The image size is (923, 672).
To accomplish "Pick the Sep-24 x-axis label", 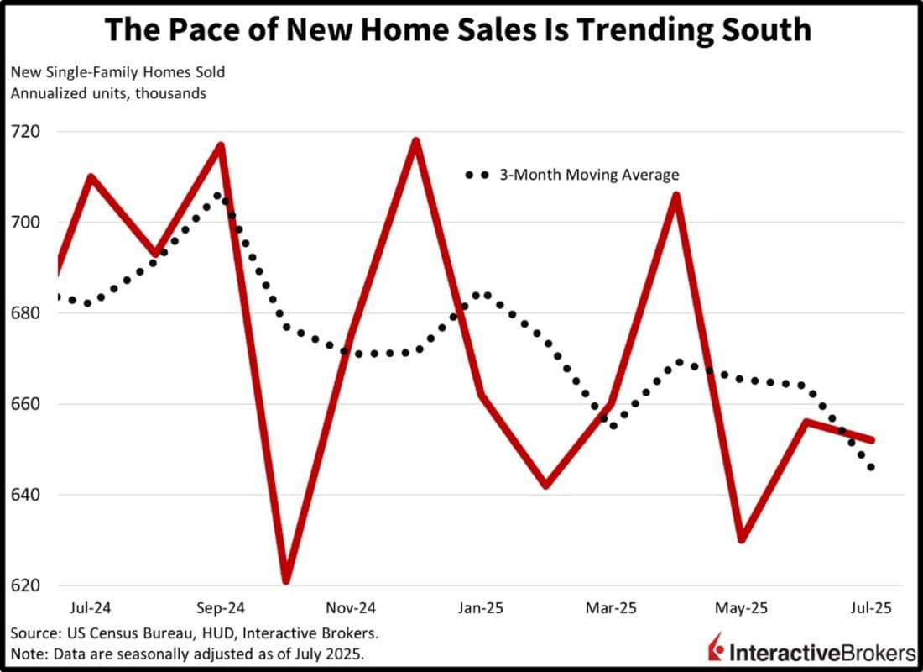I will click(x=221, y=607).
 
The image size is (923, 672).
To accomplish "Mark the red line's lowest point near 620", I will click(x=285, y=580).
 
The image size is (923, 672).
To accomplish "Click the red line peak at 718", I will click(x=415, y=141).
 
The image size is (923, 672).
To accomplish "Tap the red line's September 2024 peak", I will click(x=221, y=146).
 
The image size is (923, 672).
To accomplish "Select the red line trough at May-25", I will click(x=741, y=539).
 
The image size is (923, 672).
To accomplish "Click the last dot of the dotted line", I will click(x=872, y=467).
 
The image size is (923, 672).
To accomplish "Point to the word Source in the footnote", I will click(x=33, y=632).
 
